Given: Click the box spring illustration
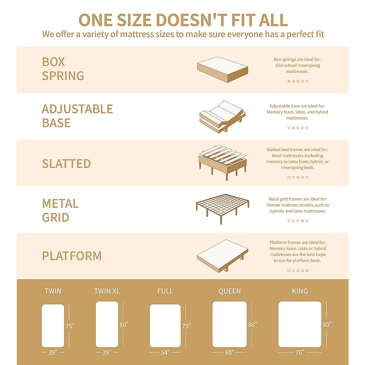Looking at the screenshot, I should tap(223, 70).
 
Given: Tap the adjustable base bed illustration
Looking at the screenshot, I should tap(222, 116).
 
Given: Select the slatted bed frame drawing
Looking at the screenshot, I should tap(222, 161).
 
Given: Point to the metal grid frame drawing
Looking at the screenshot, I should tap(222, 207).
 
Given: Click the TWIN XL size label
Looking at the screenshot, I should tap(107, 291).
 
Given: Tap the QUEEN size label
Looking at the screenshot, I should tap(229, 291).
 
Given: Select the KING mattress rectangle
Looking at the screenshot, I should tap(300, 324).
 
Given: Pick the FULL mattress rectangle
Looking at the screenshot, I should tap(165, 325).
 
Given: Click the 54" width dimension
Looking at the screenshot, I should tap(165, 353).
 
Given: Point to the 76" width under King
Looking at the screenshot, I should tap(300, 353).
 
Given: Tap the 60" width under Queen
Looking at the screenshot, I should tap(229, 353).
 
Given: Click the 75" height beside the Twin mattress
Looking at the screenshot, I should tap(70, 326).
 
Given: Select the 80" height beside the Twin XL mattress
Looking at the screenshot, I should tap(124, 325).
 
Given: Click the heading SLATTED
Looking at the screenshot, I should tap(66, 164).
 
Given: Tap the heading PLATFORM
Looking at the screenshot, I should tap(72, 256).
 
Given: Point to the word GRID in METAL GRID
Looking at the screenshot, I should tap(55, 217).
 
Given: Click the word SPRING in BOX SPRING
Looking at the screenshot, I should tap(63, 76).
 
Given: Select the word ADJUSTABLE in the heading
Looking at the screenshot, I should tap(77, 109).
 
